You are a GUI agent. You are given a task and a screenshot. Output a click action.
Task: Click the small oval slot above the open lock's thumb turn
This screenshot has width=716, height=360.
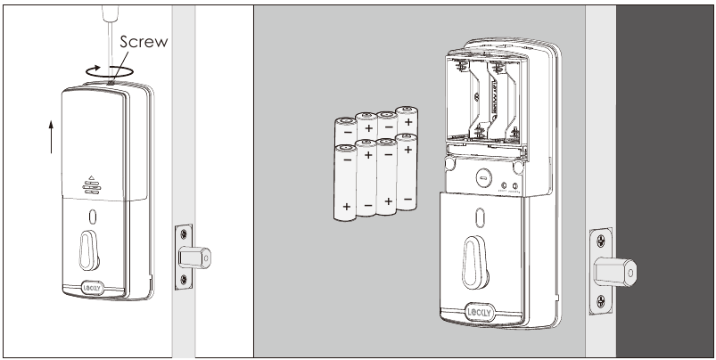tap(478, 217)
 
